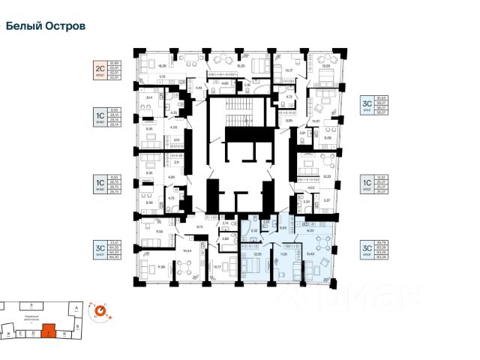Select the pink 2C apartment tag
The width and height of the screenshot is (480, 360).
point(104,70)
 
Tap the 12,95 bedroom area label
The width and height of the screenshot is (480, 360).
point(257,254)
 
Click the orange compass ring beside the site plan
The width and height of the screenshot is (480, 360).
point(99,309)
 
